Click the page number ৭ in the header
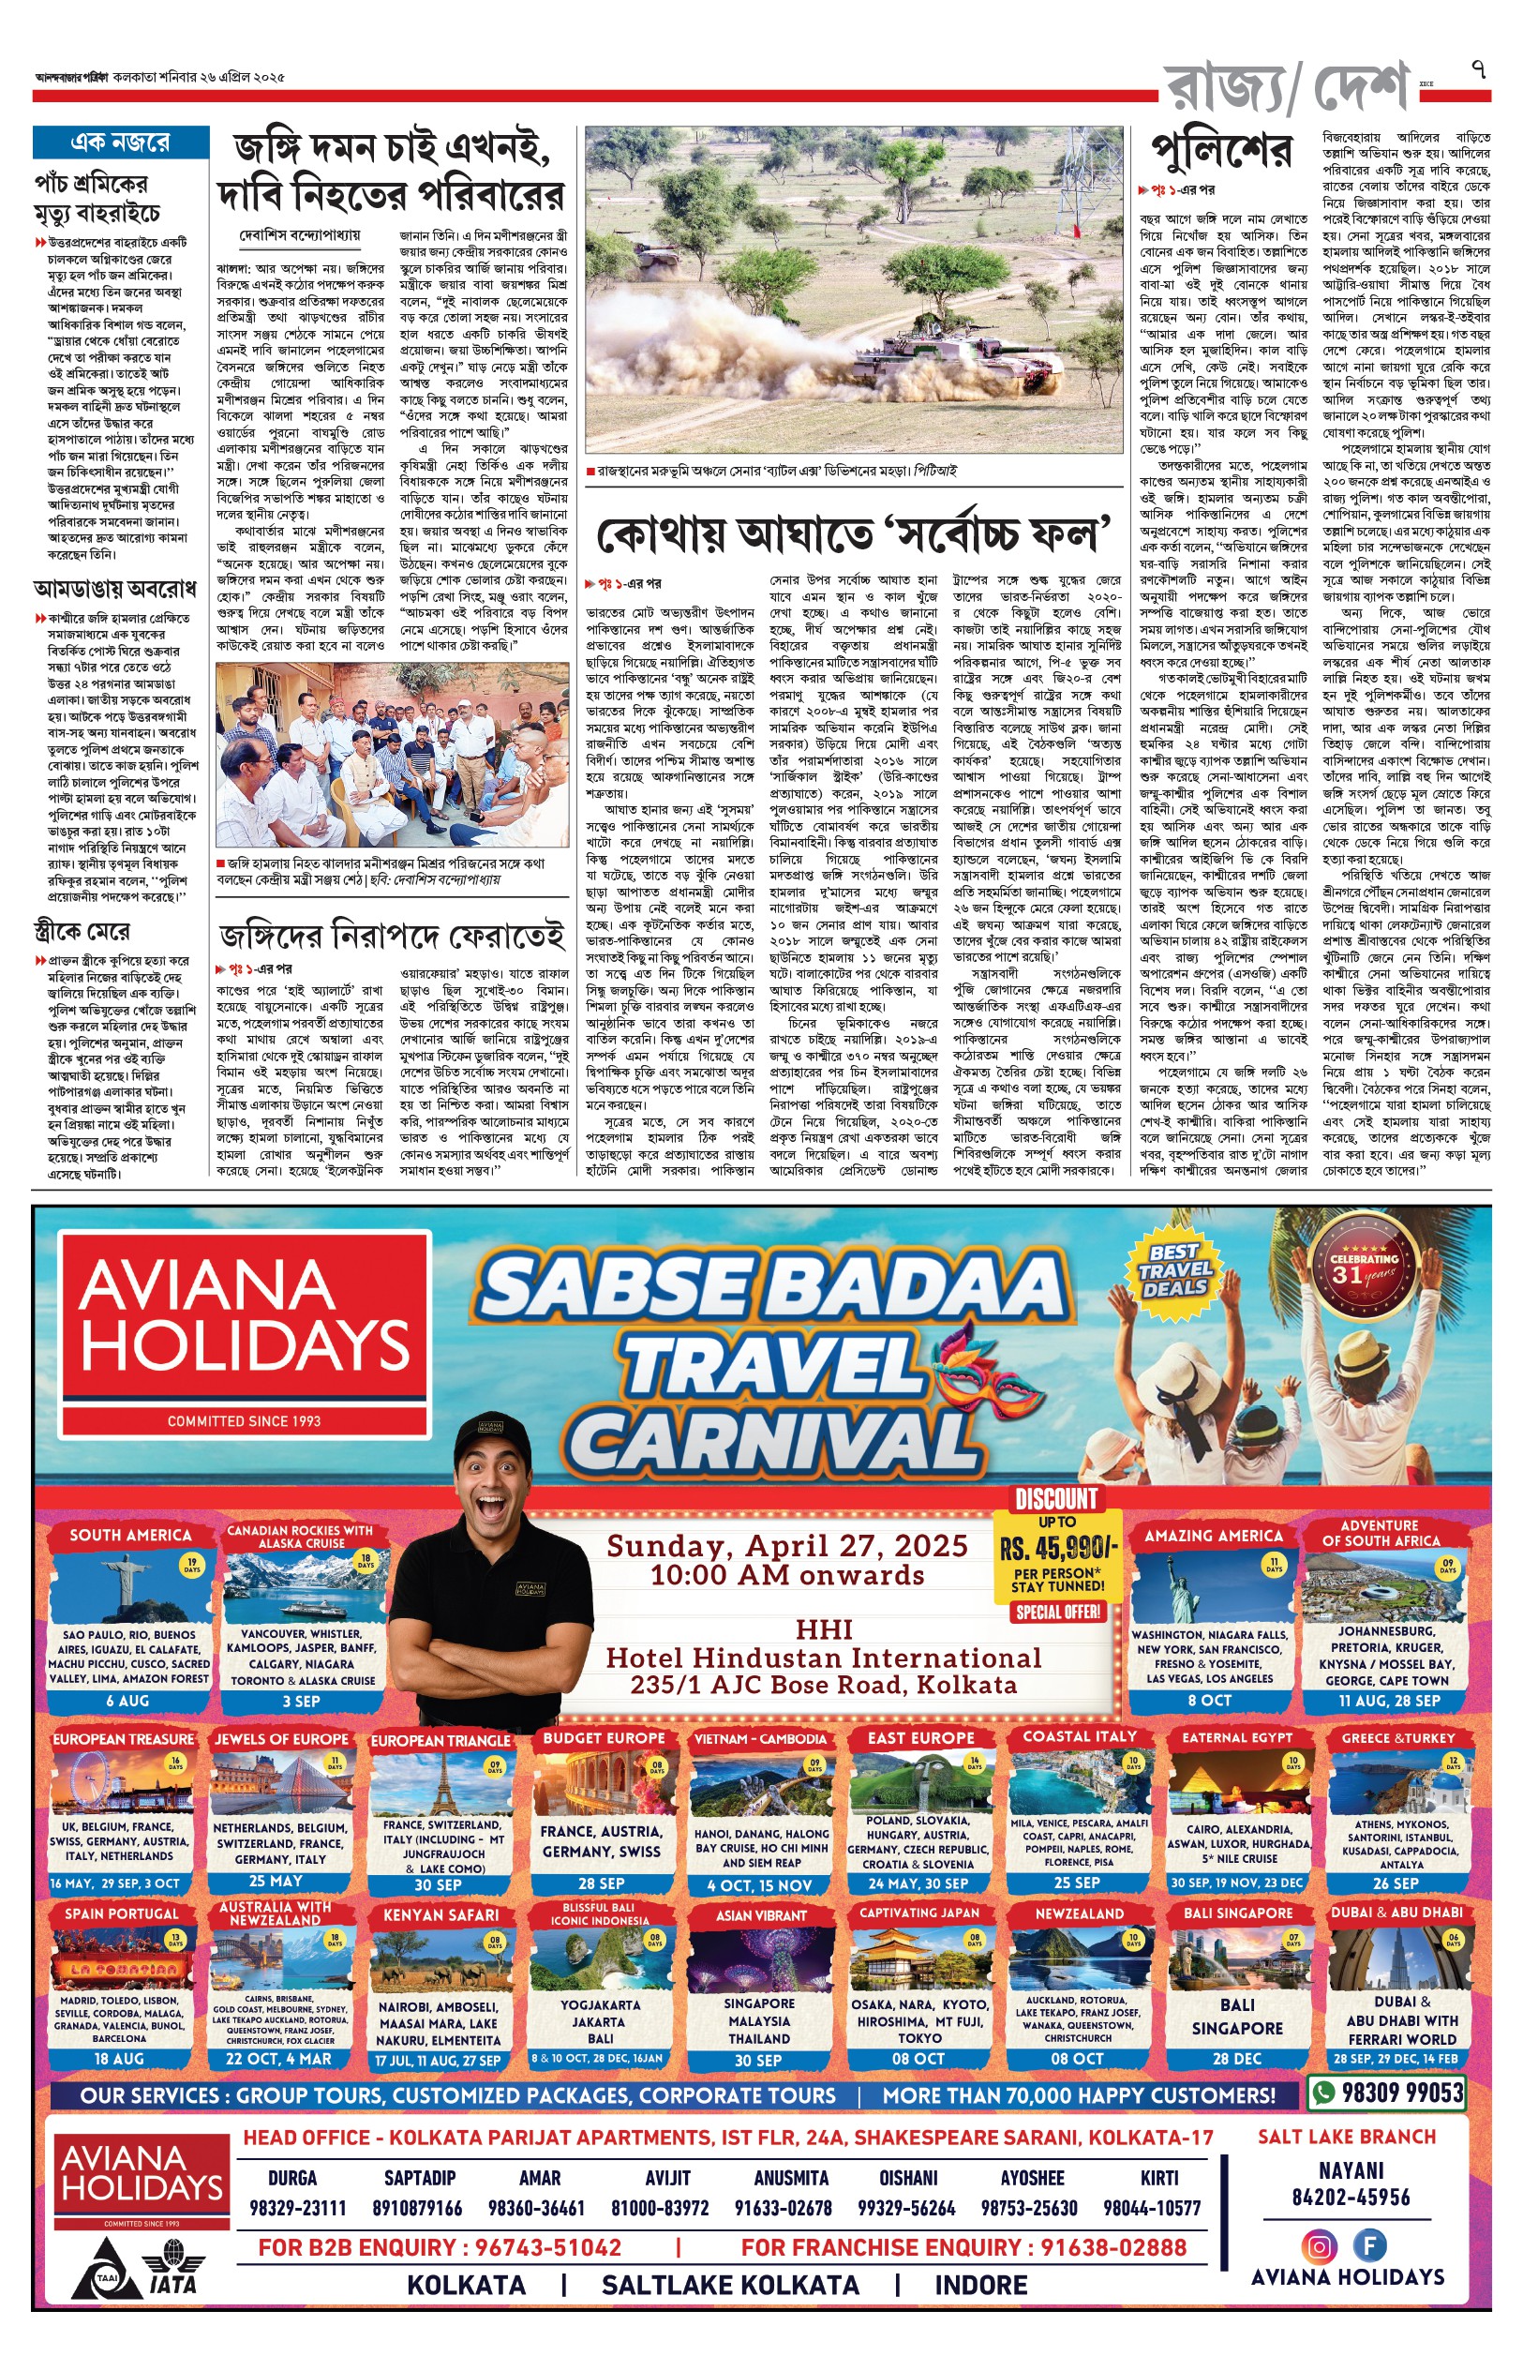click(1479, 70)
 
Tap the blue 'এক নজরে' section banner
click(121, 143)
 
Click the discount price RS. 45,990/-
click(1058, 1548)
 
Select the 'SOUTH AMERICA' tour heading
click(130, 1535)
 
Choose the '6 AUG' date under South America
click(127, 1701)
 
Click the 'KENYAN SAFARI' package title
click(441, 1914)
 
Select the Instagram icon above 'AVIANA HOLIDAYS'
click(1319, 2246)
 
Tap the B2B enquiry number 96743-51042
click(548, 2247)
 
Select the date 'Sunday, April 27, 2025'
click(786, 1546)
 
